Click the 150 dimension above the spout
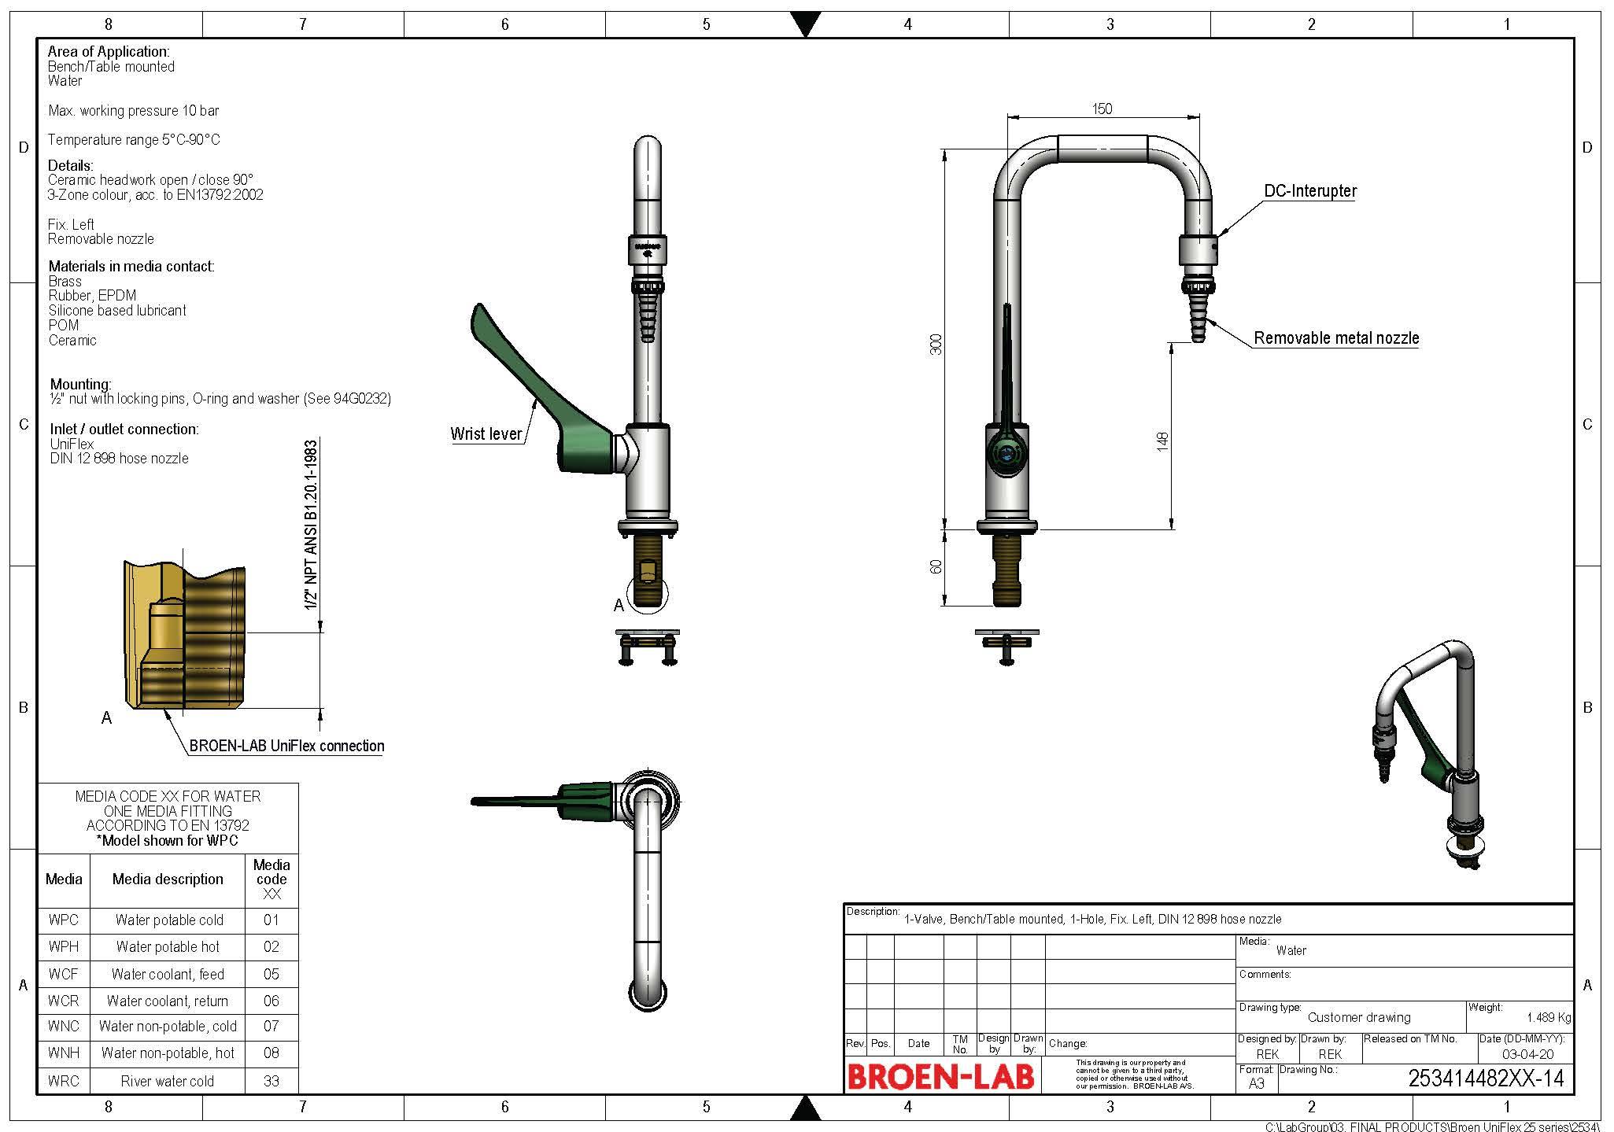point(1102,109)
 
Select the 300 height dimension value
point(936,344)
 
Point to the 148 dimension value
point(1162,441)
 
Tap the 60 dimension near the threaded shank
point(936,566)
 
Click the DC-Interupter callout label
point(1309,190)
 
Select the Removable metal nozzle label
point(1335,338)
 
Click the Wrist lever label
point(486,433)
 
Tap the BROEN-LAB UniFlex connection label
point(286,746)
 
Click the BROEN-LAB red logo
point(940,1077)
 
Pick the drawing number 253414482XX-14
point(1485,1079)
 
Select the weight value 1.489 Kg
point(1548,1017)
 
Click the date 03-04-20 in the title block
point(1527,1054)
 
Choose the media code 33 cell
point(271,1081)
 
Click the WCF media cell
point(63,974)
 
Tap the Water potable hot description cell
point(168,947)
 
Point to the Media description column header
point(168,879)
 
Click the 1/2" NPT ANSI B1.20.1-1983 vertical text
point(312,525)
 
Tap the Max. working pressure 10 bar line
point(133,111)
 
